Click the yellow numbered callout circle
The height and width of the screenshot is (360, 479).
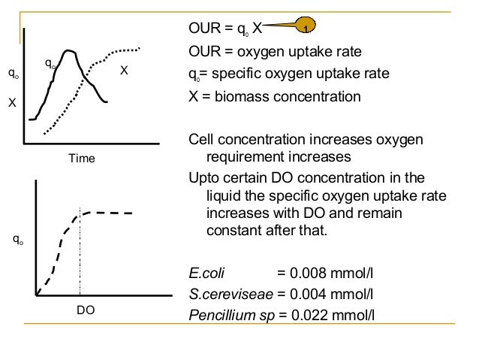(306, 29)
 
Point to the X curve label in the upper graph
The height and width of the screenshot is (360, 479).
(124, 70)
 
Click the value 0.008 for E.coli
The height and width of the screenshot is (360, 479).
(305, 271)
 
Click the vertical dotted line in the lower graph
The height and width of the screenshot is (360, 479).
(80, 256)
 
